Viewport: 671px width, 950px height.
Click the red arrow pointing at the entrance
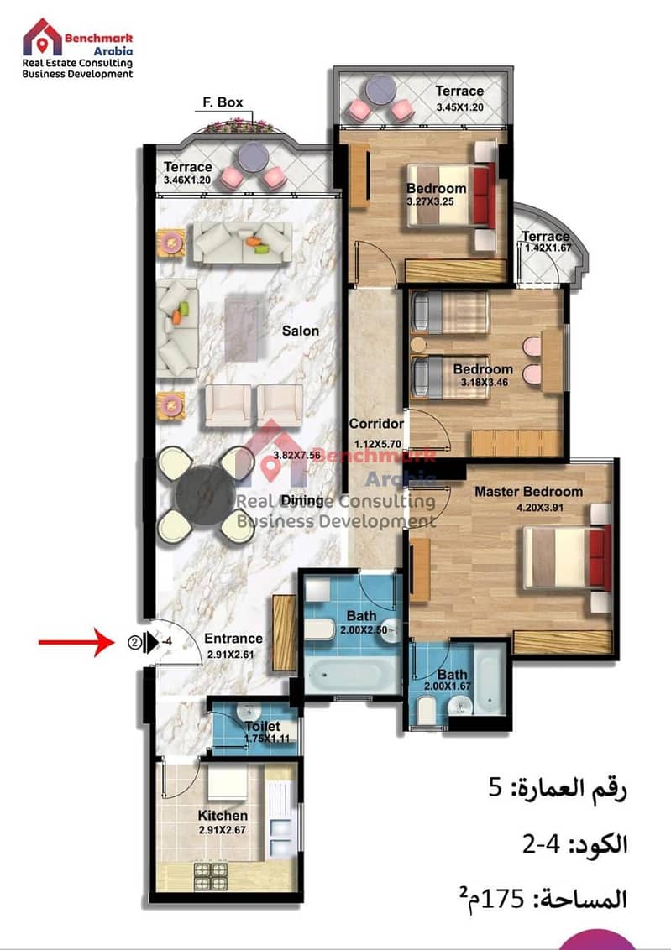76,642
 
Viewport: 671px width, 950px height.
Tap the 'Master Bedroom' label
528,491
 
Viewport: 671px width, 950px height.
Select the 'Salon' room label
300,331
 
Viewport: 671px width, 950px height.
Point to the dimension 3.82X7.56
296,455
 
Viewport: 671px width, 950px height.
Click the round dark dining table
205,495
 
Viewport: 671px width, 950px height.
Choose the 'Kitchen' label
223,816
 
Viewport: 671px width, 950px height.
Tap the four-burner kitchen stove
210,877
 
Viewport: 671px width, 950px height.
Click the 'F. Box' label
223,102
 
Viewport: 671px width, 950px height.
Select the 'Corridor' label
375,424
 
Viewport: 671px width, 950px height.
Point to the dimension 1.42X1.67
548,248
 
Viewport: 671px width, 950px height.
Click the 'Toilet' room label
263,726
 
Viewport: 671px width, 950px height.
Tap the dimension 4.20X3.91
539,508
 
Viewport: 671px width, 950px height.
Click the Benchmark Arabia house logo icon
42,38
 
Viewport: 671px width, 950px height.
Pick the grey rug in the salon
244,328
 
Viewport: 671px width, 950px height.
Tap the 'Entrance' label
233,639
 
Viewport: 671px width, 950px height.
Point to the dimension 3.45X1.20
460,107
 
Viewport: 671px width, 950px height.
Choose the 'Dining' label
302,500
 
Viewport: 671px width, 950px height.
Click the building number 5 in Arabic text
495,788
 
